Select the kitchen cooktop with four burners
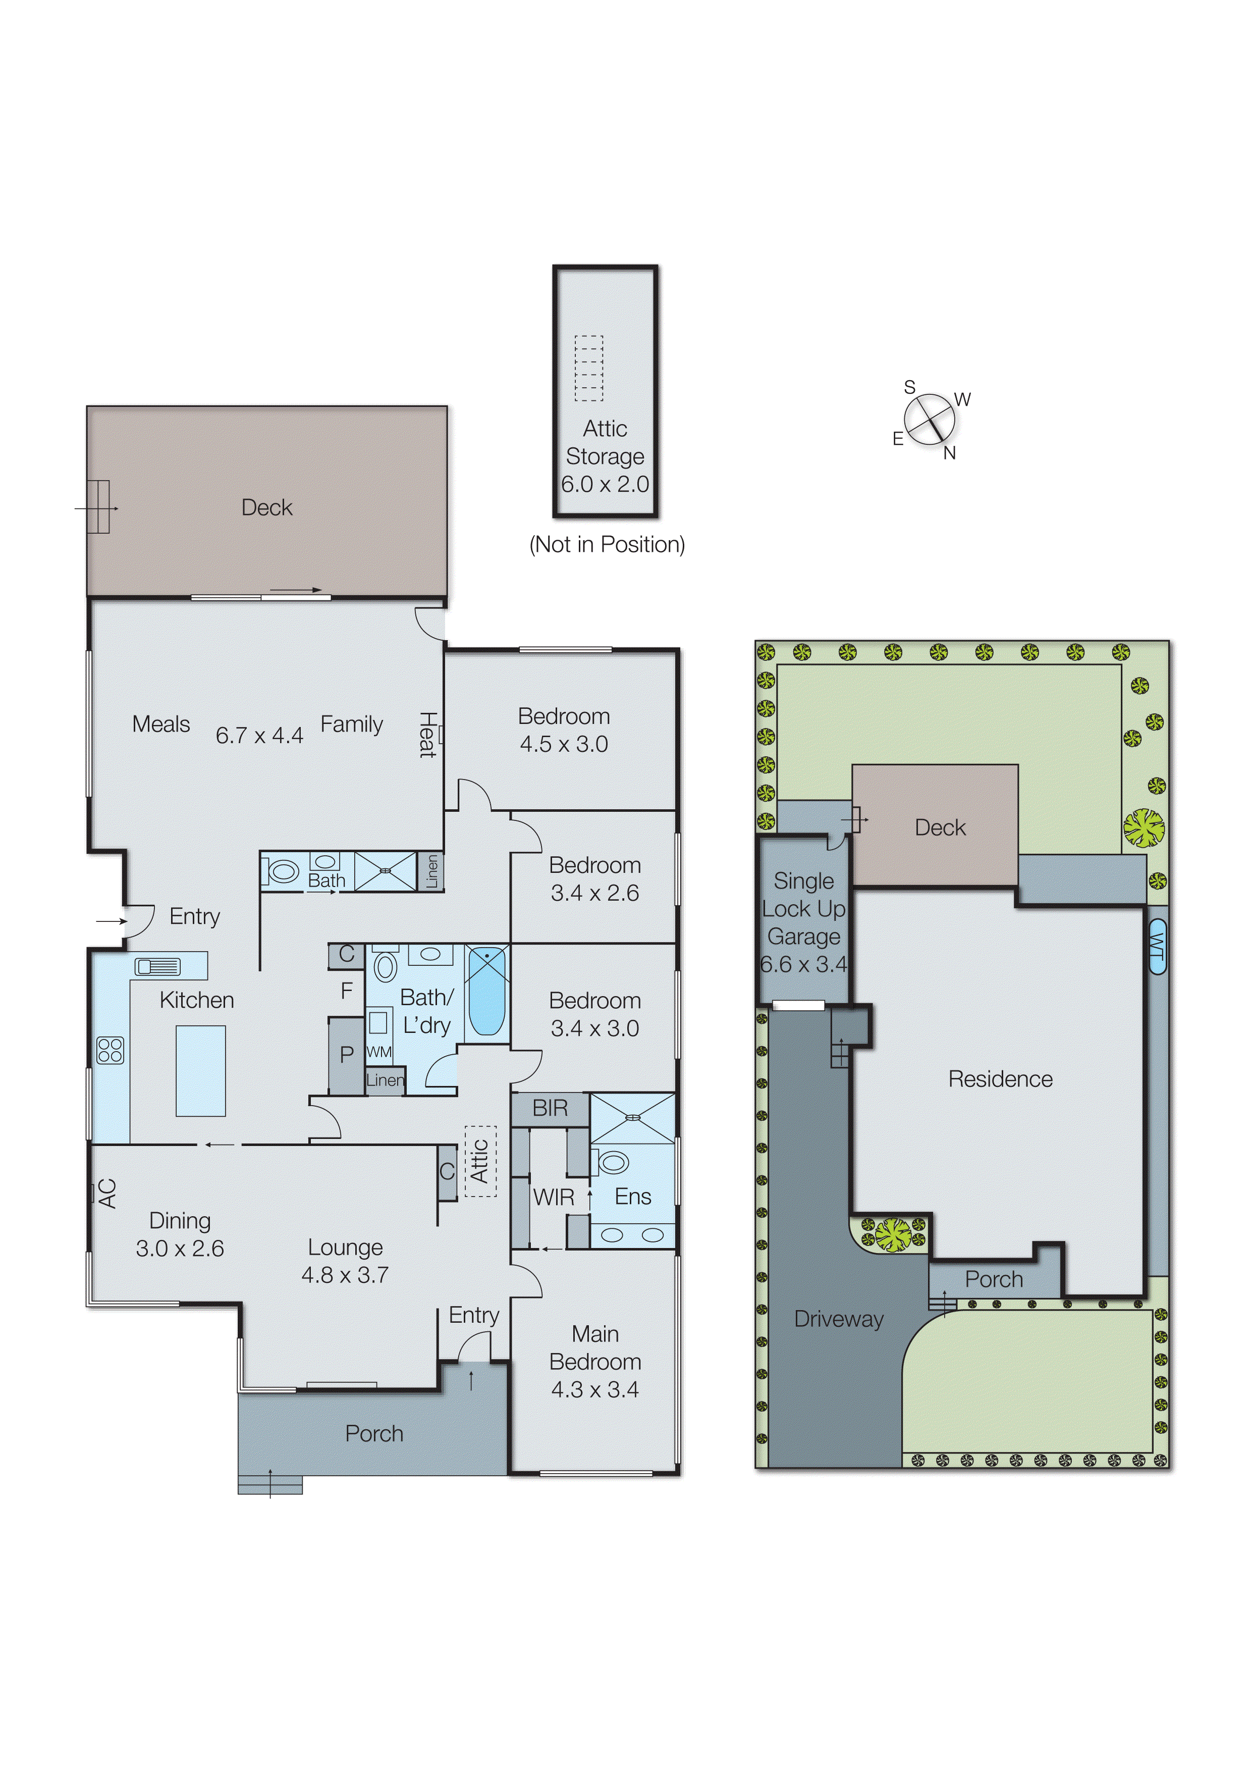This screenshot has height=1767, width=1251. (x=110, y=1050)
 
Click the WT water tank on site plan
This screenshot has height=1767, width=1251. (x=1157, y=946)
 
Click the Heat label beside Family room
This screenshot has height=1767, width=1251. (x=427, y=735)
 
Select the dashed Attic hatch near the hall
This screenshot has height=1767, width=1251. (x=480, y=1161)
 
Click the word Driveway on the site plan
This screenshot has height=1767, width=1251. (x=838, y=1319)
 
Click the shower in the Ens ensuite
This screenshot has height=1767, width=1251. (x=632, y=1117)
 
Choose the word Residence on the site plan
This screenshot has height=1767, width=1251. (x=1000, y=1079)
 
